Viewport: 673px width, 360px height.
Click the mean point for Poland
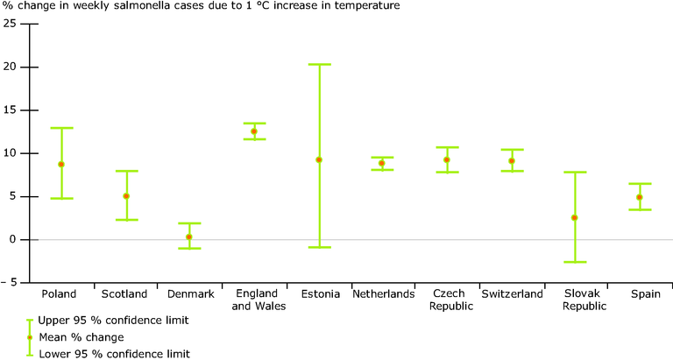point(61,164)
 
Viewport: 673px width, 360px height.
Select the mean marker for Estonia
point(319,159)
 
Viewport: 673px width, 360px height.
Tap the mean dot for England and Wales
point(254,131)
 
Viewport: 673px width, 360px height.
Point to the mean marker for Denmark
point(189,236)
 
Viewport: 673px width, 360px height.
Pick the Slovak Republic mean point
point(575,217)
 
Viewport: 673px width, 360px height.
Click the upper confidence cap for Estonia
point(319,64)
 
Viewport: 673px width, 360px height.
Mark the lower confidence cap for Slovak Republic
point(575,262)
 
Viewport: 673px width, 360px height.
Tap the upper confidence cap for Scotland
point(126,171)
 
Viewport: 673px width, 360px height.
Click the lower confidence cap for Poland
point(61,198)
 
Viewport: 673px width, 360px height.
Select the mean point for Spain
point(640,197)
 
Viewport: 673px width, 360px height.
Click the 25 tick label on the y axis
point(10,24)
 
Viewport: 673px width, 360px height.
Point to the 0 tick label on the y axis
point(12,240)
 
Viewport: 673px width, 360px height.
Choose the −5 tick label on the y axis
point(10,283)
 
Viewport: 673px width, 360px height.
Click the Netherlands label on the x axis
point(383,294)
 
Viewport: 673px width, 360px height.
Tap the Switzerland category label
point(511,294)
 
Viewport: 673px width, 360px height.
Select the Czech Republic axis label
point(447,300)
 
